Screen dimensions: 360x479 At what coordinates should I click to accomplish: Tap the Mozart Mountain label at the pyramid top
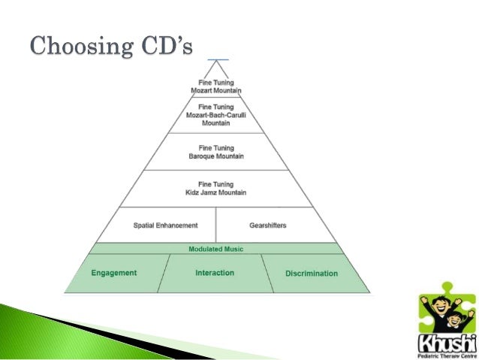(x=216, y=89)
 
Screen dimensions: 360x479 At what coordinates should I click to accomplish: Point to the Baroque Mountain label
(x=216, y=156)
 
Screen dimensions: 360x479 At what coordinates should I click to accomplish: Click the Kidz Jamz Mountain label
(x=216, y=193)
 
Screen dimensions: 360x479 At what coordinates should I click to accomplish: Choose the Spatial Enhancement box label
(x=165, y=225)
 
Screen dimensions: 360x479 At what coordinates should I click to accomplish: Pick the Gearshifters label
(x=268, y=225)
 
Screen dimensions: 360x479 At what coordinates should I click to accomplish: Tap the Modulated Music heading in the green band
(x=216, y=249)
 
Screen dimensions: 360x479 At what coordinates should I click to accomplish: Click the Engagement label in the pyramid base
(x=114, y=273)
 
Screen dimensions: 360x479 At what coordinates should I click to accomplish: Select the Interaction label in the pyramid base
(x=215, y=273)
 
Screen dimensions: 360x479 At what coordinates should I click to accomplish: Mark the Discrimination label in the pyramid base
(x=312, y=274)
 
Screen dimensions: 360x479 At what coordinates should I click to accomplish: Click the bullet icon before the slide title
(x=17, y=47)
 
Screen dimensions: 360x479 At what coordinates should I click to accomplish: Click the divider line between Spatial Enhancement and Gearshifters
(x=216, y=225)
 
